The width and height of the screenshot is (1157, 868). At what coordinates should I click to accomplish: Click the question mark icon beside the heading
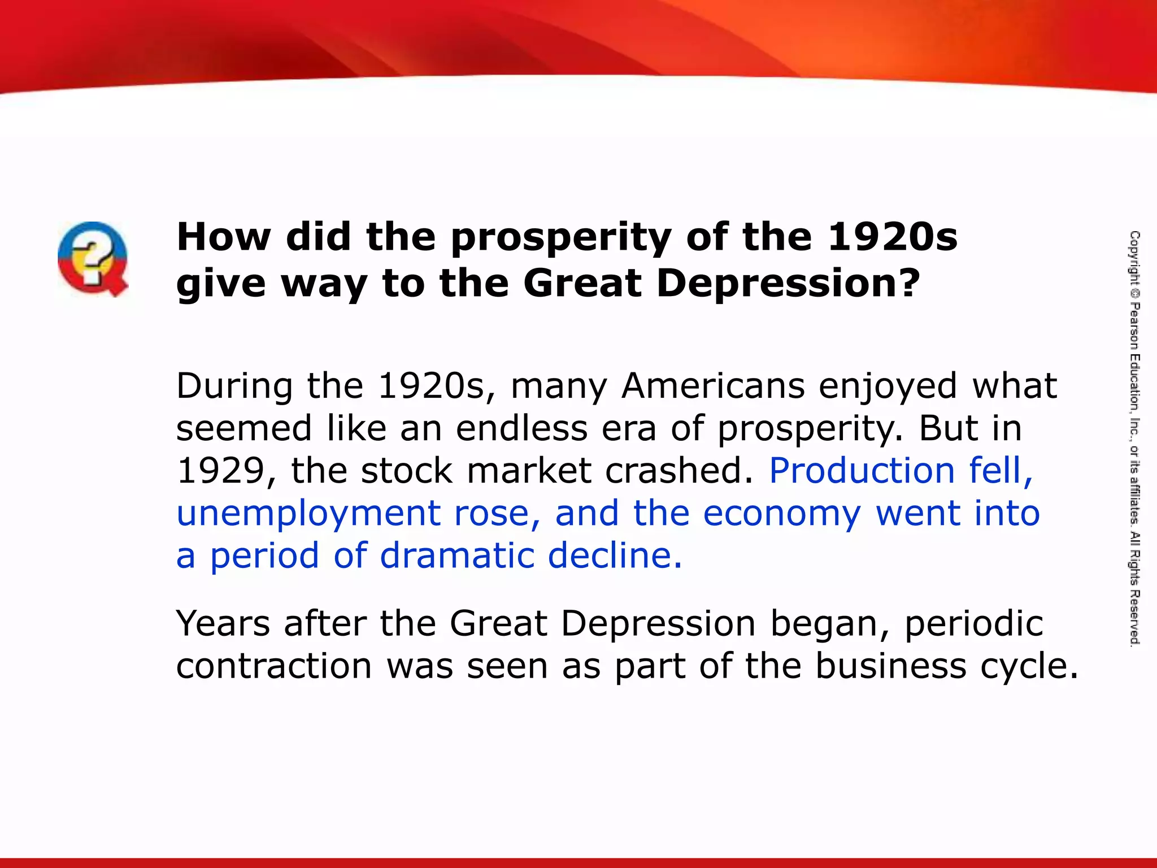point(93,258)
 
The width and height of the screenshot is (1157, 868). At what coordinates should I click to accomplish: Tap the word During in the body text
point(234,386)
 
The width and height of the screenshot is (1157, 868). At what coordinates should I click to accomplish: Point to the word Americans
point(713,386)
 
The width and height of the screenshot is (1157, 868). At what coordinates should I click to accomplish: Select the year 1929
point(220,471)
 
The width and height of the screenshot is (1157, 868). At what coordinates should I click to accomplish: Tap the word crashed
point(680,471)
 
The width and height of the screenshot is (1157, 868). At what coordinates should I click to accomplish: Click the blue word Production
point(862,471)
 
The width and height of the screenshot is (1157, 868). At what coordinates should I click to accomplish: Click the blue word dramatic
point(456,555)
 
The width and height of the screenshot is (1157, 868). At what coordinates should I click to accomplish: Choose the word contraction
point(274,666)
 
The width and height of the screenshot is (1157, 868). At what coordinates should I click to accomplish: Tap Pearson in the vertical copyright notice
point(1134,326)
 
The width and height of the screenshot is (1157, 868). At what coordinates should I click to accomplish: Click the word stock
point(407,471)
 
